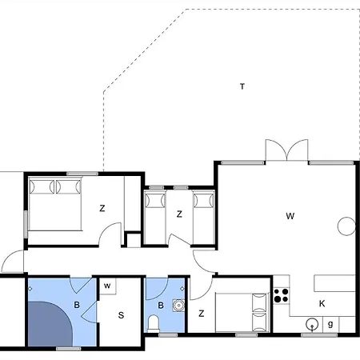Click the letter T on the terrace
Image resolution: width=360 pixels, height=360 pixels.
pos(242,86)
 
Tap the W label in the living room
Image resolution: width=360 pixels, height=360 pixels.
pos(290,216)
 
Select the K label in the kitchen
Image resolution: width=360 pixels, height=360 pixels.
pos(322,303)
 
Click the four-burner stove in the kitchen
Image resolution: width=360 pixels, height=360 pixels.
pos(282,295)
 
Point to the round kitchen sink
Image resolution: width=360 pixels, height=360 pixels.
pos(312,325)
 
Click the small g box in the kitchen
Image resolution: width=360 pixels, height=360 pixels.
pos(330,324)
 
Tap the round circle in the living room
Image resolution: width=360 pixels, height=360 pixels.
pos(346,226)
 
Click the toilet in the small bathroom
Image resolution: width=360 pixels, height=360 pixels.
pos(154,323)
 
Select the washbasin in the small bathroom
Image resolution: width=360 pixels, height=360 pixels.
pos(178,306)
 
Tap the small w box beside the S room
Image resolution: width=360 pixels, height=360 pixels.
pos(108,286)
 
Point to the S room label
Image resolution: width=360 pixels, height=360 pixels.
pos(121,315)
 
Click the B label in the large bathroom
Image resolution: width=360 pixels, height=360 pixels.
pos(77,305)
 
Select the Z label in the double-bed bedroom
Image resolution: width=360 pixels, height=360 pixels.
pos(102,208)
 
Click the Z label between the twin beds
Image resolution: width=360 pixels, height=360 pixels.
pos(179,214)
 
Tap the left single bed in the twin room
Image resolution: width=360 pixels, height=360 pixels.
pos(154,218)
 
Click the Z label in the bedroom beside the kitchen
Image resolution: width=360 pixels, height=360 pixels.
pos(202,314)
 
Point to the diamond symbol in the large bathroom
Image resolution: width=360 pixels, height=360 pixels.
pos(30,289)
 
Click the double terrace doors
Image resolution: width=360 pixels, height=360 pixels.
pos(286,150)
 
